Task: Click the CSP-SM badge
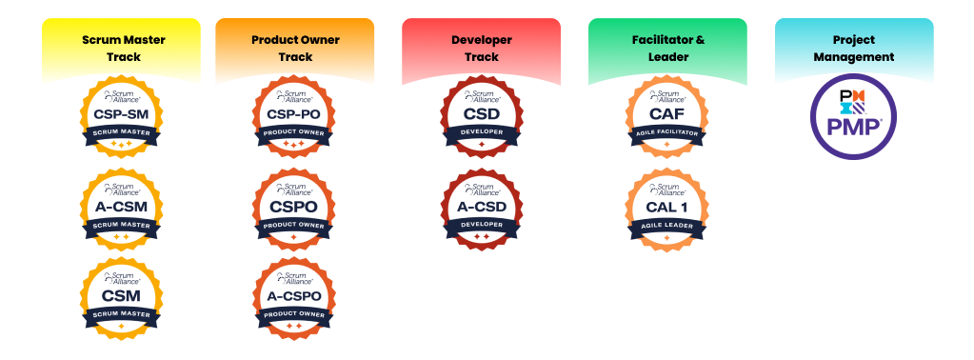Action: (x=121, y=117)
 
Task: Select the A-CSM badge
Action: (x=121, y=209)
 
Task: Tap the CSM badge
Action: (x=121, y=298)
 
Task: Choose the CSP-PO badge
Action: (x=294, y=117)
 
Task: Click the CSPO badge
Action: (x=294, y=209)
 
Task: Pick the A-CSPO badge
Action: (x=294, y=298)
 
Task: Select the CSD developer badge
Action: (x=481, y=117)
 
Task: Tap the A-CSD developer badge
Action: (x=481, y=209)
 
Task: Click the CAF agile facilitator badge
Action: (x=666, y=117)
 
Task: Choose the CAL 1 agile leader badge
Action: (x=666, y=209)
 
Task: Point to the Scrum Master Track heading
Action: (x=121, y=49)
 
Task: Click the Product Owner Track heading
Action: (x=294, y=49)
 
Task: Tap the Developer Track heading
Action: (x=481, y=49)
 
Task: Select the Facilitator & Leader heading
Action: (x=667, y=49)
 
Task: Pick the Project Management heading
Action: (x=854, y=49)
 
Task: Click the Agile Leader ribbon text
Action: (x=666, y=226)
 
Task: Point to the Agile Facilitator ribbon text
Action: (x=666, y=134)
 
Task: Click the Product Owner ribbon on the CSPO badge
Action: (x=294, y=226)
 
